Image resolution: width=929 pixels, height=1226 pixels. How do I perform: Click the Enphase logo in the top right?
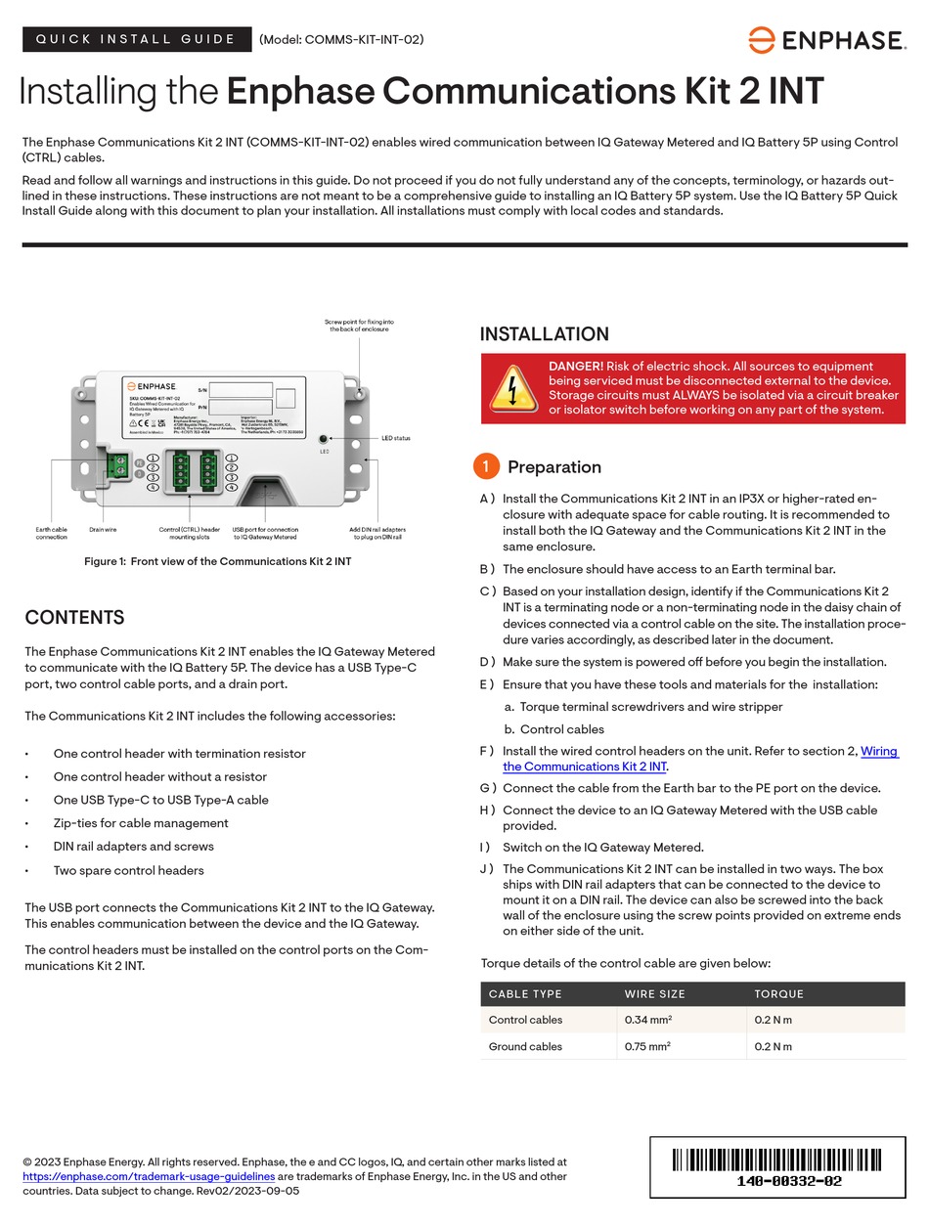826,40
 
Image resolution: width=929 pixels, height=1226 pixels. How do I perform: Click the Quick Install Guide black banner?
136,39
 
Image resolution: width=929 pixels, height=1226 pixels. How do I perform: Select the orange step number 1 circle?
486,466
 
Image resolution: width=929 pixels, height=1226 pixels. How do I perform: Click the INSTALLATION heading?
544,334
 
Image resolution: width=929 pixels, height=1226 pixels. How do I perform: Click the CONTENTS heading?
74,618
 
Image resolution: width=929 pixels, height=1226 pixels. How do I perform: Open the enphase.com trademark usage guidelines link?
149,1176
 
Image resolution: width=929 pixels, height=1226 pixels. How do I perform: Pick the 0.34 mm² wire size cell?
647,1020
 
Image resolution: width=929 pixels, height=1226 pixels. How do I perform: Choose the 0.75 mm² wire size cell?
647,1046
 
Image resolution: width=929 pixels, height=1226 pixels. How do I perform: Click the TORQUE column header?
778,993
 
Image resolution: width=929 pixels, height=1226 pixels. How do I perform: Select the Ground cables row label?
525,1046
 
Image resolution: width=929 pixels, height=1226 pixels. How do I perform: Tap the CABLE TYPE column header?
525,993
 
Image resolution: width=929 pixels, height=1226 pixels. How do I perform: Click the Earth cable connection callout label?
52,533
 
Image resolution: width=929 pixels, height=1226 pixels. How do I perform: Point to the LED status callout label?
395,438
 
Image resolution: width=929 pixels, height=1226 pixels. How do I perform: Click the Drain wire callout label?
103,530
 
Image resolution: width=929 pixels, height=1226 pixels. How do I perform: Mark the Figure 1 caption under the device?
217,561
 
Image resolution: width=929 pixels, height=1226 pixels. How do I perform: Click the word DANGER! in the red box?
575,366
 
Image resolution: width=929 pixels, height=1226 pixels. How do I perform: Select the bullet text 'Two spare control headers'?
128,870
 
